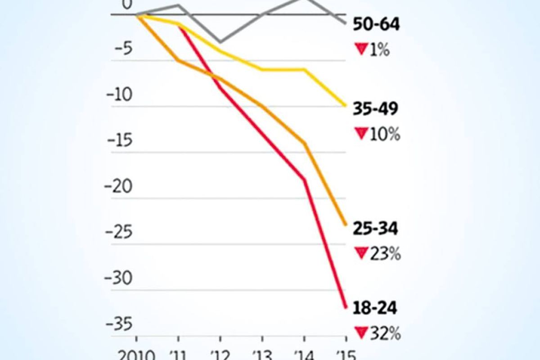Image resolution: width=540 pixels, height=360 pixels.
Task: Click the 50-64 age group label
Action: [x=376, y=25]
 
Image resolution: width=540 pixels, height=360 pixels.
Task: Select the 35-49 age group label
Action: [x=376, y=109]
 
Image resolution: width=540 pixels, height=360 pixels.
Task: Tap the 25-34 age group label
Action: [x=376, y=229]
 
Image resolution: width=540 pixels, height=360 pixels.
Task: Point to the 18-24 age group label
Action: [x=376, y=309]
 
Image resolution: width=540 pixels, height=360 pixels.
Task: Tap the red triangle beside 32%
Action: [x=361, y=333]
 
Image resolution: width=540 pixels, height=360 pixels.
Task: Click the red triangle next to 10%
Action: [x=361, y=134]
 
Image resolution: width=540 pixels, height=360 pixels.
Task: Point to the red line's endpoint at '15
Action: [x=346, y=308]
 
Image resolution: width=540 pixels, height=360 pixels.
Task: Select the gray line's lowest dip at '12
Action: [x=220, y=42]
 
